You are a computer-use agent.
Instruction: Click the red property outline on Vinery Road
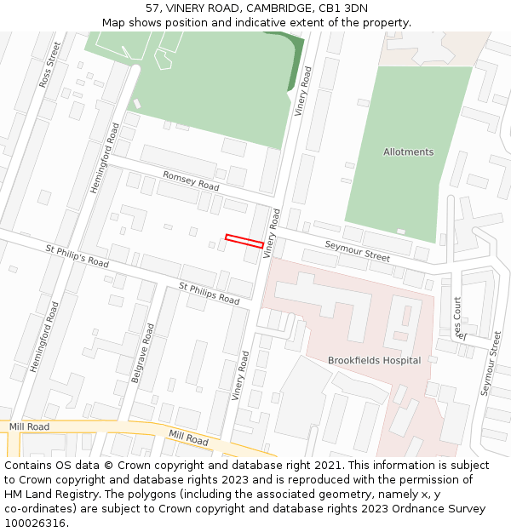coord(244,241)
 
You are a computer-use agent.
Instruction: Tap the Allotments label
coord(408,152)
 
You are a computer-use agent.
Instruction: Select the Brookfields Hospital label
coord(374,360)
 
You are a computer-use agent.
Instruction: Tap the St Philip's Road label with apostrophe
coord(77,256)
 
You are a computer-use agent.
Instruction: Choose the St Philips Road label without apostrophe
coord(209,293)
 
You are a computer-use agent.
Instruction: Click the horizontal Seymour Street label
coord(357,251)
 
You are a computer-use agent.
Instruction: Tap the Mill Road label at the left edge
coord(29,426)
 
